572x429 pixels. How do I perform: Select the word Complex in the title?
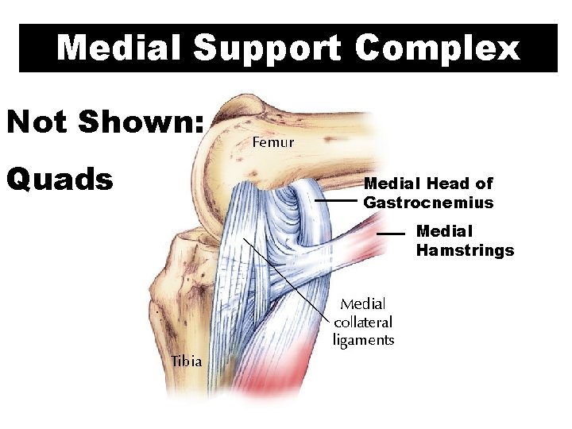tap(438, 48)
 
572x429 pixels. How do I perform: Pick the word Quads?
tap(60, 179)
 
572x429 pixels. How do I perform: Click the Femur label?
tap(272, 143)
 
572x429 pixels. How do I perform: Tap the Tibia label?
tap(186, 361)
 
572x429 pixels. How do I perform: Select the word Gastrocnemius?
tap(428, 203)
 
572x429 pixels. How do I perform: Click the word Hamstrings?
tap(465, 251)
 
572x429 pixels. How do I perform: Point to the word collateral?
tap(363, 322)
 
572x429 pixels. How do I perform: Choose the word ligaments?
tap(363, 340)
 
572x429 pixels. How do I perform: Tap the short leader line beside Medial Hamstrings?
tap(391, 235)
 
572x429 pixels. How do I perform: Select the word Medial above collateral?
tap(363, 303)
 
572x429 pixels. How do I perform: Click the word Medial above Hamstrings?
tap(444, 231)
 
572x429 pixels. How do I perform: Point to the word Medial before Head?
tap(392, 184)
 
